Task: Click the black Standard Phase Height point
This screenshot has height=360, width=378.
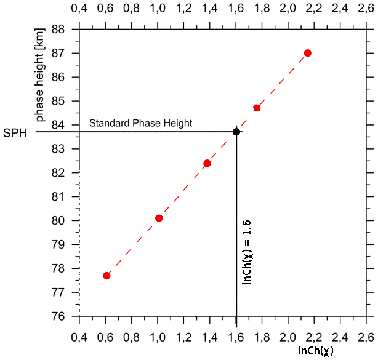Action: [x=236, y=132]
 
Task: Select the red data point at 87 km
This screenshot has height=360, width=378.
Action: [x=308, y=53]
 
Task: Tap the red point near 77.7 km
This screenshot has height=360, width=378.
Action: [x=107, y=276]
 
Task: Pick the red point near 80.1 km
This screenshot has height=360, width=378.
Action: [x=159, y=218]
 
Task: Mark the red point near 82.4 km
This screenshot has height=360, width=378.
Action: [x=207, y=163]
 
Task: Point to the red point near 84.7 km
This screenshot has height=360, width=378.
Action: [x=257, y=108]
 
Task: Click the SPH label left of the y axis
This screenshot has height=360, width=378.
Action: [x=15, y=132]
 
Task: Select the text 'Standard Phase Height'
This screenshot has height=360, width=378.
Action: [x=141, y=123]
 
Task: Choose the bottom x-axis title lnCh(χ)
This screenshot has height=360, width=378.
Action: [x=315, y=350]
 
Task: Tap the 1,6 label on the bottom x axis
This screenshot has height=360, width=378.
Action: [x=236, y=337]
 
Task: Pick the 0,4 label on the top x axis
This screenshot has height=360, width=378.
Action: [x=79, y=9]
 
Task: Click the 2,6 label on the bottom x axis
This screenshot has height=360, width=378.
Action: [x=367, y=337]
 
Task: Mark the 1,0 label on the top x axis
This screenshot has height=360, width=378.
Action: [x=158, y=9]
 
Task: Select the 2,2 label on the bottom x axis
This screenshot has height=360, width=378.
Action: [x=315, y=337]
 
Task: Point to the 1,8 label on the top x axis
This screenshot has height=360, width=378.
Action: [x=262, y=9]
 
